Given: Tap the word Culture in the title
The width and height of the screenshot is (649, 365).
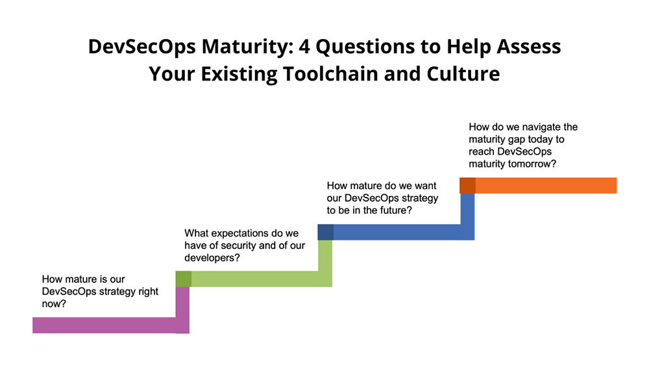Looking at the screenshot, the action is [x=463, y=74].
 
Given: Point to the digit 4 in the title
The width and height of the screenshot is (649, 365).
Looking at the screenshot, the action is [x=304, y=46].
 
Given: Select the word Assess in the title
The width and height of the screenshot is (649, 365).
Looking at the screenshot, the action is [x=528, y=46].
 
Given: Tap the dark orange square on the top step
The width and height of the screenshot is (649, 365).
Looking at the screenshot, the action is [x=468, y=186].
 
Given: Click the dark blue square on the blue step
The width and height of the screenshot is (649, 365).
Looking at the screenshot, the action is [x=325, y=232].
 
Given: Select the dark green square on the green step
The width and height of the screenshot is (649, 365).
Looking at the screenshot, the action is [x=184, y=279].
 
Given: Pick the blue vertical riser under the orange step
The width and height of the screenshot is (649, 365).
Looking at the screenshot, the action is [x=468, y=217].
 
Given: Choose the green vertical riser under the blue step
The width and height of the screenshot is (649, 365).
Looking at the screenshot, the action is [x=325, y=264].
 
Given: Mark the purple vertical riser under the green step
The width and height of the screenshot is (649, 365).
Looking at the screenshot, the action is [x=182, y=310].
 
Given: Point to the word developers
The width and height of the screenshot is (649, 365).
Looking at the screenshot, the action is [x=210, y=258].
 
